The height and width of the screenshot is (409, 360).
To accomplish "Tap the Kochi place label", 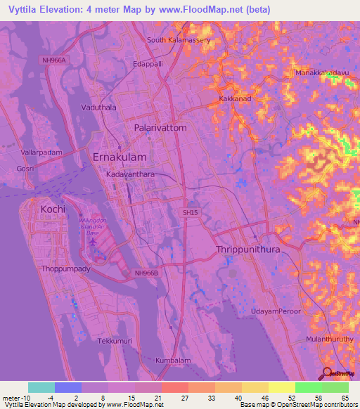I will coord(53,209).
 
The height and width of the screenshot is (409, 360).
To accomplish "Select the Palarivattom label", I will coord(160,128).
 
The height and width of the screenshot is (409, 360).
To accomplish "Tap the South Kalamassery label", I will coord(179,39).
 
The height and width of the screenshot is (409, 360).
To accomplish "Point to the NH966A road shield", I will coord(53,60).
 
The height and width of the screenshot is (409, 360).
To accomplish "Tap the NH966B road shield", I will coord(146,273).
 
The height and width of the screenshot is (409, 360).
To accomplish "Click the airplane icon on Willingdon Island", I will coord(93,241).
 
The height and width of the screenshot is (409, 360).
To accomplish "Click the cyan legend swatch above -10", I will coord(41,387).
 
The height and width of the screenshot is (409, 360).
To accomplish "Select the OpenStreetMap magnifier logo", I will coord(326,374).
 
